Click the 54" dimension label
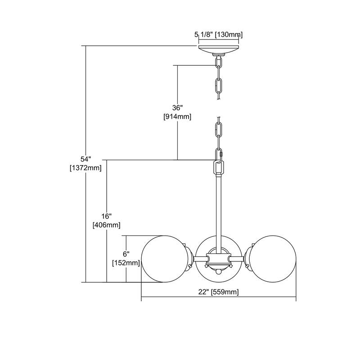[x=85, y=159]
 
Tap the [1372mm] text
[x=85, y=168]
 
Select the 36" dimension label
[x=177, y=108]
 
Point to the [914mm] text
[x=177, y=117]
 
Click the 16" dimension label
[x=107, y=216]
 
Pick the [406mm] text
[x=107, y=225]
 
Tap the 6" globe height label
[x=126, y=254]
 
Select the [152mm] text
[x=126, y=263]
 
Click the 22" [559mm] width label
[x=219, y=292]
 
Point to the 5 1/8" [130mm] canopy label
[x=219, y=35]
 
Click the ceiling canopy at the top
[x=219, y=50]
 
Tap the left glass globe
[x=165, y=259]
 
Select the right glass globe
[x=273, y=259]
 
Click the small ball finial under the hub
[x=219, y=272]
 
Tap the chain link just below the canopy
[x=219, y=62]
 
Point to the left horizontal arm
[x=200, y=259]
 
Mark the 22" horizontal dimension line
[x=219, y=297]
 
